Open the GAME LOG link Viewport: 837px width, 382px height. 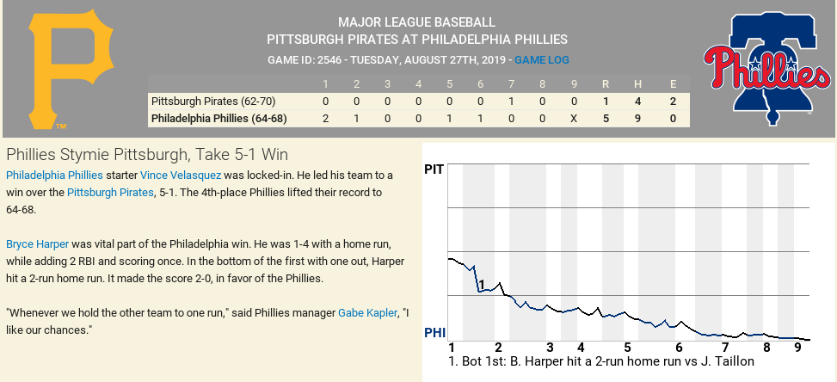(542, 60)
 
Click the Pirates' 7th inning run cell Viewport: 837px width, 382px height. (511, 101)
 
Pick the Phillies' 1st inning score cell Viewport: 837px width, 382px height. (325, 118)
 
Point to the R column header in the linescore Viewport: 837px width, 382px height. (606, 83)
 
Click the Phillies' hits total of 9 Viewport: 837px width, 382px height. (637, 118)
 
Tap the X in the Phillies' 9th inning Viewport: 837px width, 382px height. (573, 118)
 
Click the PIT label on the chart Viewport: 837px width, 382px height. (434, 169)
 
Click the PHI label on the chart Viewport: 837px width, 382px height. (434, 332)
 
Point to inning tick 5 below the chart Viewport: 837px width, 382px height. (627, 348)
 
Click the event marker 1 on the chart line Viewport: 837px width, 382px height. (482, 285)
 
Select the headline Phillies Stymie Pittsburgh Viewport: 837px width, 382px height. (146, 154)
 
